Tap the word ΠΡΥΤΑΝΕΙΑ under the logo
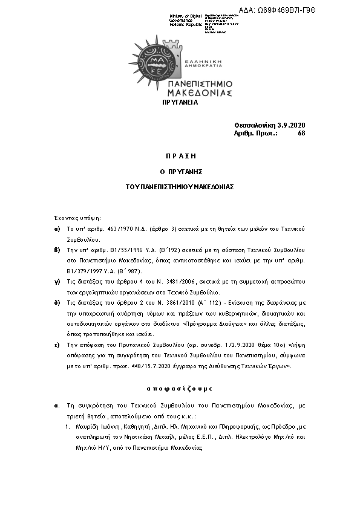(x=180, y=103)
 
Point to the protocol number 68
(x=301, y=133)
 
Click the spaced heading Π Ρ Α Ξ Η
(x=180, y=156)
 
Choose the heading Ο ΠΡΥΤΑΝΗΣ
(x=180, y=172)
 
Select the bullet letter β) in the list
(x=57, y=249)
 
